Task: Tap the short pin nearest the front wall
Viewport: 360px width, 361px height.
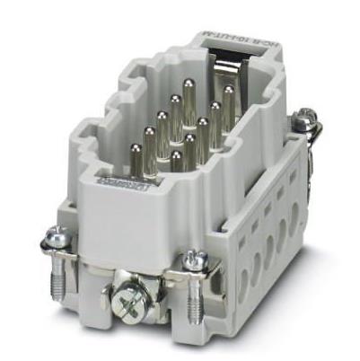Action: pyautogui.click(x=176, y=157)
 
